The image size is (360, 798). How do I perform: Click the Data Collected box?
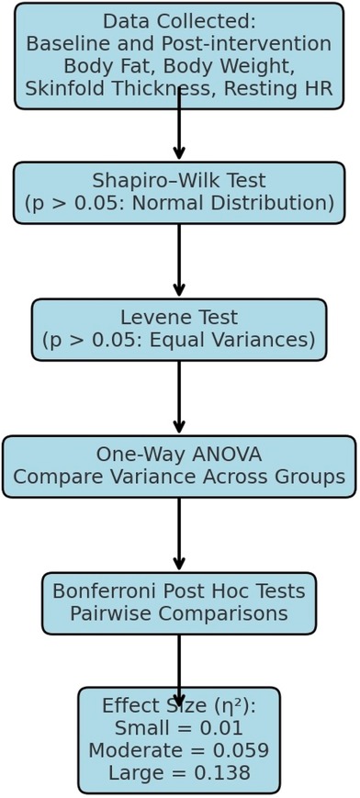pyautogui.click(x=179, y=55)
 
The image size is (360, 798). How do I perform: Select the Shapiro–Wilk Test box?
pyautogui.click(x=179, y=193)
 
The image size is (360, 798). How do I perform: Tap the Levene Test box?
pyautogui.click(x=179, y=330)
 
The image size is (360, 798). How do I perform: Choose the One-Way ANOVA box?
pyautogui.click(x=179, y=466)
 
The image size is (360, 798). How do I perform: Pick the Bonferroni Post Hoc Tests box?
pyautogui.click(x=179, y=603)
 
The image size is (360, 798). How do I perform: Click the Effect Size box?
pyautogui.click(x=179, y=740)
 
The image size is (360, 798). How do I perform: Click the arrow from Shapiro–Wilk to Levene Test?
pyautogui.click(x=179, y=262)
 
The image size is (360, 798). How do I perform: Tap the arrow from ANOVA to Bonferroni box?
pyautogui.click(x=179, y=535)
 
